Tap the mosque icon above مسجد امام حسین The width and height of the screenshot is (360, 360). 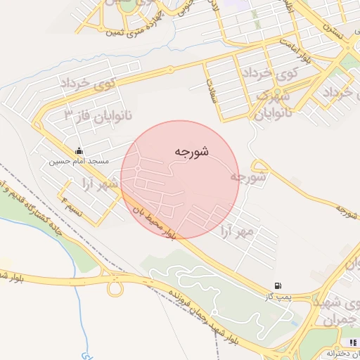point(79,150)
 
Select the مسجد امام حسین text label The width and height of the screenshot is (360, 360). point(79,162)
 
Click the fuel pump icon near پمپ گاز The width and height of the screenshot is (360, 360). point(279,285)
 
